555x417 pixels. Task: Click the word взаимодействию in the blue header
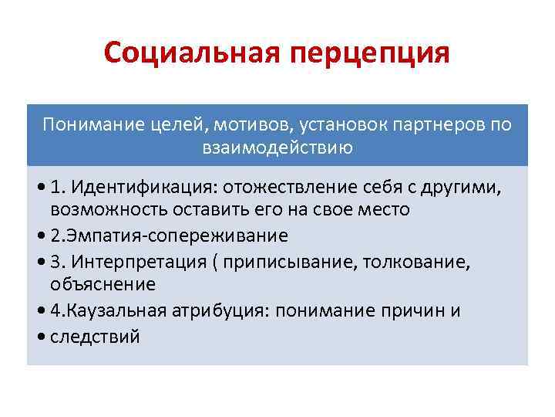tap(277, 147)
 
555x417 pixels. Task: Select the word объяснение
tap(103, 283)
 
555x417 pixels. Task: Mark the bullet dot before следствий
tap(41, 337)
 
